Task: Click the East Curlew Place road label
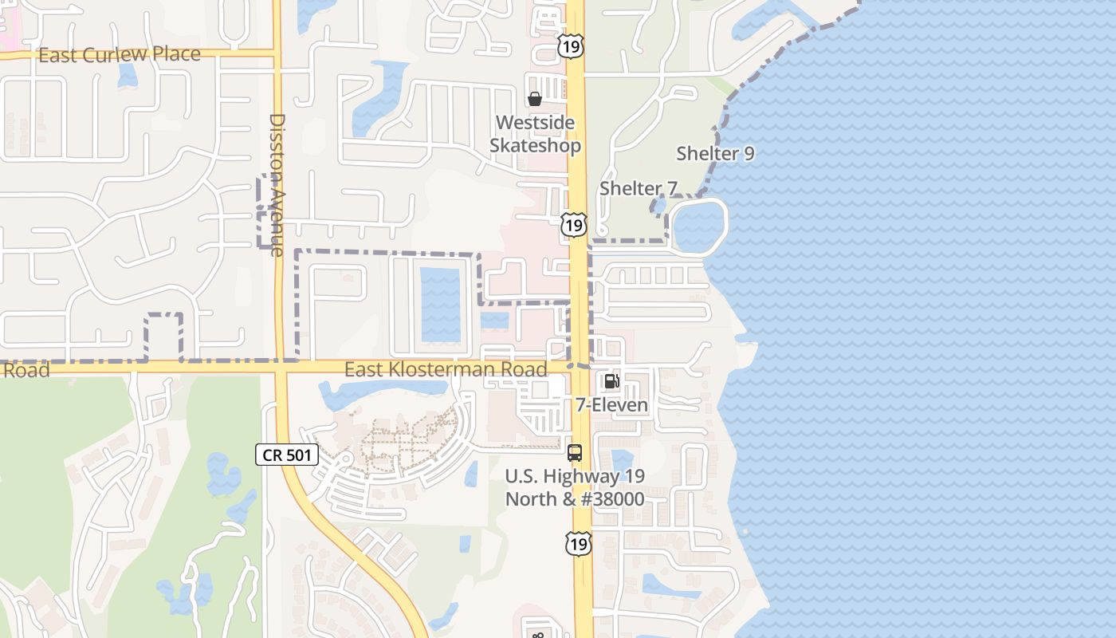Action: [120, 54]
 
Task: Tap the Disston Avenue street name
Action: [277, 184]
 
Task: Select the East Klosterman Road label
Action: [446, 369]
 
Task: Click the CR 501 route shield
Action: [287, 455]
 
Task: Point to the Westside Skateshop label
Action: [535, 134]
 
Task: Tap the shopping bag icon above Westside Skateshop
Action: [535, 99]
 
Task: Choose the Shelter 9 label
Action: [715, 153]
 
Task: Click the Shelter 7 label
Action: [638, 188]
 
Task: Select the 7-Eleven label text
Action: [611, 405]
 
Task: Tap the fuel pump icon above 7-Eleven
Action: [611, 381]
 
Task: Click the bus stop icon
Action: [575, 453]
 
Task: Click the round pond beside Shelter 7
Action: [699, 226]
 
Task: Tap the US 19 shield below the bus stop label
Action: [579, 544]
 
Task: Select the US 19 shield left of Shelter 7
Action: [573, 224]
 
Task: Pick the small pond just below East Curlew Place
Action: [128, 75]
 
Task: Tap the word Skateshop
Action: [535, 145]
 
